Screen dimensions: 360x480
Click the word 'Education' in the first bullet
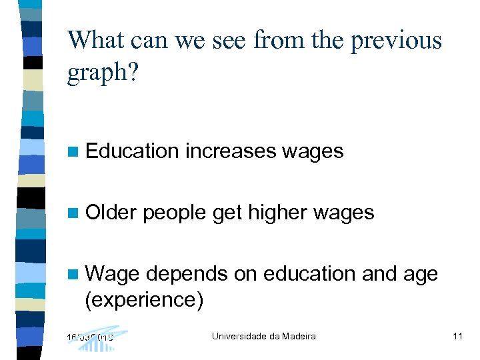click(133, 151)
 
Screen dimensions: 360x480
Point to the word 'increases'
click(230, 151)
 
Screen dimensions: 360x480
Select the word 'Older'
click(111, 213)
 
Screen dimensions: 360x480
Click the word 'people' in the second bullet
click(175, 213)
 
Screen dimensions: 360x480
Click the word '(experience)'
click(144, 300)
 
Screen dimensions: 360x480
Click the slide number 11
click(457, 336)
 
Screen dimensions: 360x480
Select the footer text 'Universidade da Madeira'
click(263, 336)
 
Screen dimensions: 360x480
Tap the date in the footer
click(90, 336)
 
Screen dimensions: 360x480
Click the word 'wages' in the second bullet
click(343, 213)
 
